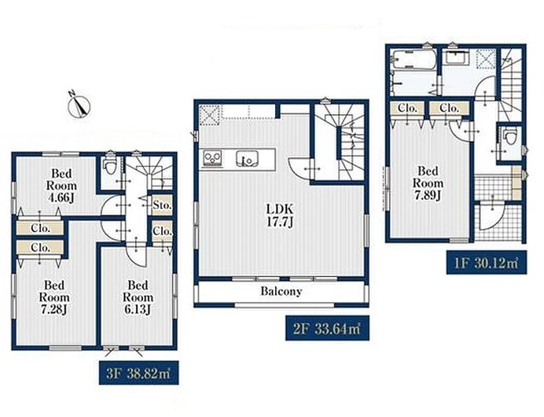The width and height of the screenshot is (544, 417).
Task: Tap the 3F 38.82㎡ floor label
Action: [x=139, y=373]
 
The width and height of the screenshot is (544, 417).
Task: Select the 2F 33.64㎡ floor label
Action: [x=327, y=328]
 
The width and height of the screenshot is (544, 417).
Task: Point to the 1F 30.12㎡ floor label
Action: [x=487, y=263]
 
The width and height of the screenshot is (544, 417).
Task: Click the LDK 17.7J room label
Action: [x=280, y=216]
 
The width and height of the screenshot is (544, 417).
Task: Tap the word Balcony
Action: [x=281, y=291]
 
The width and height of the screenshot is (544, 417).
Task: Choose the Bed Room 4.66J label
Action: [x=61, y=186]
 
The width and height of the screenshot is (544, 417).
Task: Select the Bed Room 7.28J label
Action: [x=54, y=297]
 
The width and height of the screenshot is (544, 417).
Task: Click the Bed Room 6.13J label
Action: [x=138, y=297]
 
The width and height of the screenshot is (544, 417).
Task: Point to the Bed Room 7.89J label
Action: [x=428, y=183]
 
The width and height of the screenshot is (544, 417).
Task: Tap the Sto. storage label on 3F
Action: [x=162, y=205]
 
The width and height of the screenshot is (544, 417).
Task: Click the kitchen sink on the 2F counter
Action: [x=248, y=160]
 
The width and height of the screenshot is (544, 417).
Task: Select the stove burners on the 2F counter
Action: [x=213, y=159]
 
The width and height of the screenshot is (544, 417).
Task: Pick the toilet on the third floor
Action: [x=111, y=165]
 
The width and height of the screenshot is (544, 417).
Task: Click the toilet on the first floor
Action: [x=509, y=136]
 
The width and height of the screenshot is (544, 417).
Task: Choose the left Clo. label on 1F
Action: [x=407, y=108]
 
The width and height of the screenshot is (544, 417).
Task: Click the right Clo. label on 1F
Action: [x=450, y=108]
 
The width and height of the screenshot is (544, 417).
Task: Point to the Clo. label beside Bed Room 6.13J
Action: [x=162, y=231]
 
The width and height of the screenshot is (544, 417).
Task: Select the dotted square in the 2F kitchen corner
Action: [x=211, y=115]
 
